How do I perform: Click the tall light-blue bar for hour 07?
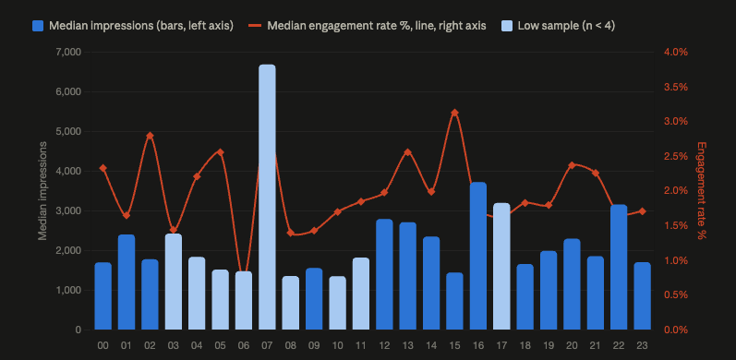(x=267, y=198)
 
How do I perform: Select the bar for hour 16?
(x=478, y=256)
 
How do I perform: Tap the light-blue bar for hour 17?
(x=501, y=266)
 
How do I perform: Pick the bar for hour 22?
(x=619, y=267)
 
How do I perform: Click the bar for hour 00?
(x=103, y=296)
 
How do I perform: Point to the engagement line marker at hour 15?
(x=455, y=113)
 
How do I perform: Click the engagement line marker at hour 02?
(x=151, y=136)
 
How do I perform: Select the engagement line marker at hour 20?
(x=572, y=165)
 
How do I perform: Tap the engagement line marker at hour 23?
(x=642, y=211)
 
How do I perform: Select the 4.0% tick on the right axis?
(x=676, y=52)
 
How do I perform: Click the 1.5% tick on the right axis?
(x=676, y=226)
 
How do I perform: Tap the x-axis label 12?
(x=384, y=346)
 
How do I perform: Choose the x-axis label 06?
(x=244, y=346)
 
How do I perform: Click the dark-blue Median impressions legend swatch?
(x=38, y=26)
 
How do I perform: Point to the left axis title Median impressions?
(x=42, y=190)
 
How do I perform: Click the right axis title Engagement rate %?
(x=702, y=190)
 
